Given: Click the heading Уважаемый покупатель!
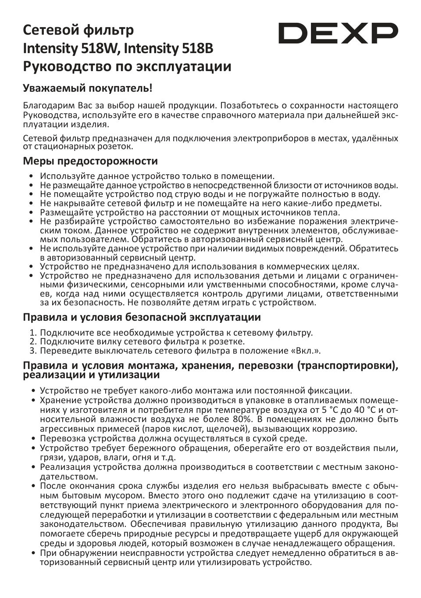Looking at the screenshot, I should pyautogui.click(x=88, y=88).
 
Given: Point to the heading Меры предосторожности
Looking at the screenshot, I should pyautogui.click(x=90, y=161).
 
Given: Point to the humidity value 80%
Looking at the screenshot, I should pyautogui.click(x=239, y=419).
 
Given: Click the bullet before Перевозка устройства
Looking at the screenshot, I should pyautogui.click(x=34, y=438).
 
